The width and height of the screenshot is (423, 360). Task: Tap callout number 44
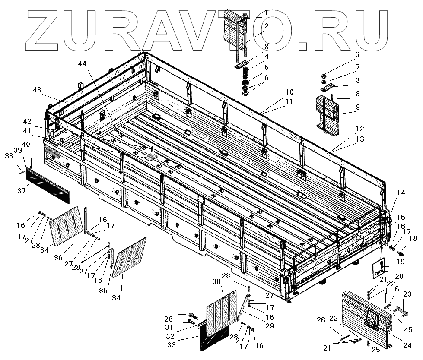click(x=82, y=63)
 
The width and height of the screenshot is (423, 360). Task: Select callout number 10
click(x=289, y=92)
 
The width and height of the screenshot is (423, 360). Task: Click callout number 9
click(x=357, y=107)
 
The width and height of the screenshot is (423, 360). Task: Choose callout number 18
click(x=413, y=238)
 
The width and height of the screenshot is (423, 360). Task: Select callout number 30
click(x=216, y=281)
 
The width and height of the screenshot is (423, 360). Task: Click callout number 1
click(x=266, y=13)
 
